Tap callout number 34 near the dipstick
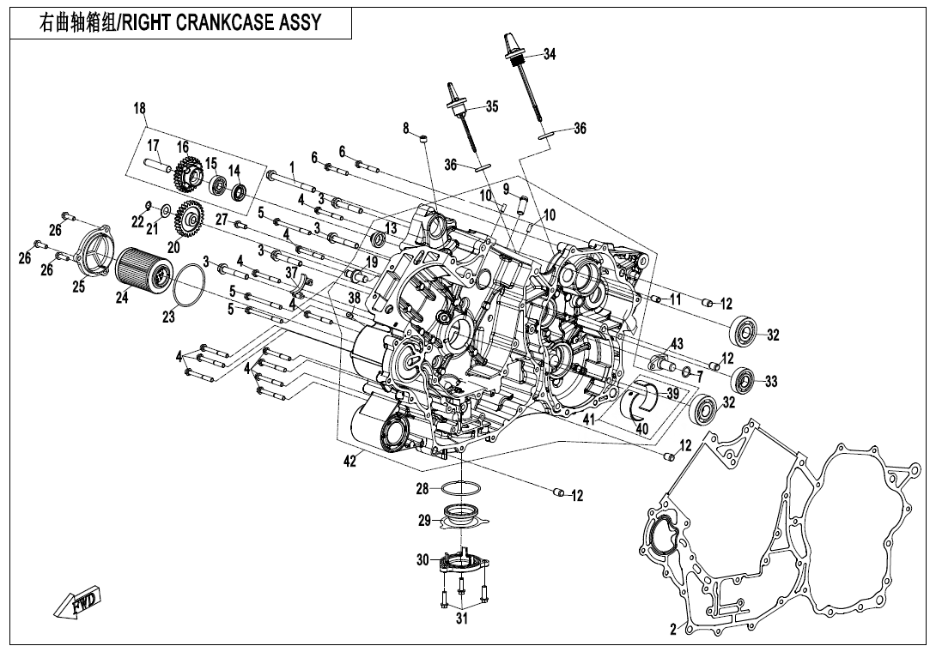click(x=550, y=54)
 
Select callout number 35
click(x=491, y=107)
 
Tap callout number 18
click(x=140, y=108)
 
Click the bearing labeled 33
click(x=743, y=377)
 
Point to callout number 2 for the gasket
click(x=674, y=629)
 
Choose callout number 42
click(x=349, y=462)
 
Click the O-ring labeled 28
click(x=462, y=489)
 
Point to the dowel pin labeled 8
click(x=423, y=137)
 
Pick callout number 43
click(x=677, y=343)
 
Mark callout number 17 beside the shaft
click(x=153, y=145)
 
